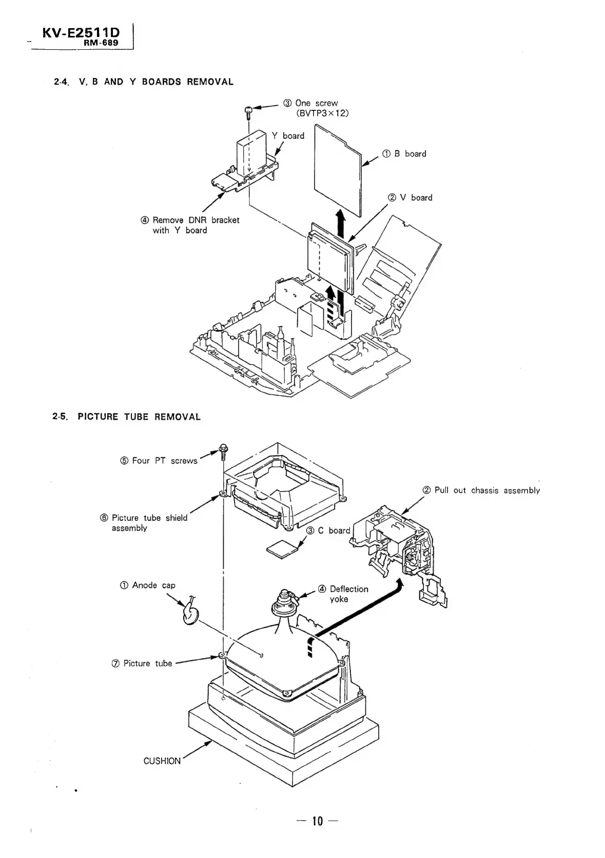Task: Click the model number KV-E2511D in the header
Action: click(x=81, y=34)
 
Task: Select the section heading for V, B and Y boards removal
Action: click(x=144, y=82)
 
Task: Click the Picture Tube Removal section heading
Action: click(x=127, y=417)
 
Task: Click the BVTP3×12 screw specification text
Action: click(x=322, y=113)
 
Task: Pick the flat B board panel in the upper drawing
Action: click(x=337, y=169)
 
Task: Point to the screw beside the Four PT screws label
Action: click(x=223, y=451)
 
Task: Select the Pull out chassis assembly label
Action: click(x=481, y=490)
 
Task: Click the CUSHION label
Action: click(x=162, y=761)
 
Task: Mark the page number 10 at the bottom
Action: click(x=317, y=821)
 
